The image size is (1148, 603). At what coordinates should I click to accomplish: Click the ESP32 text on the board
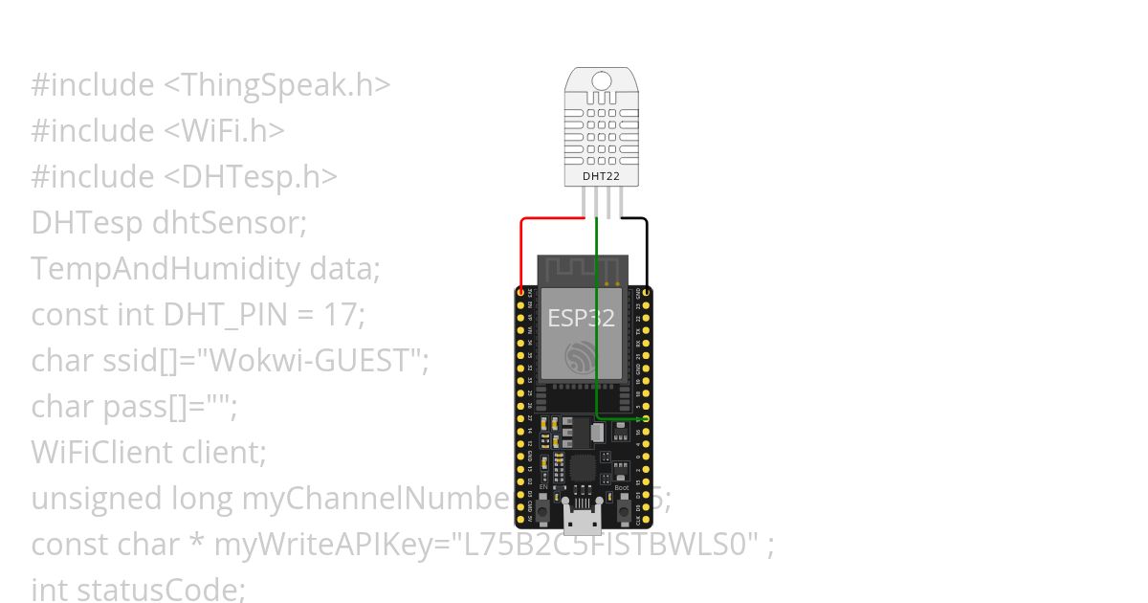(x=581, y=318)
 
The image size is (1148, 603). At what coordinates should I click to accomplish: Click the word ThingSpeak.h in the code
(x=285, y=85)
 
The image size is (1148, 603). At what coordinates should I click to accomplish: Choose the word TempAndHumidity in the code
(x=166, y=269)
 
